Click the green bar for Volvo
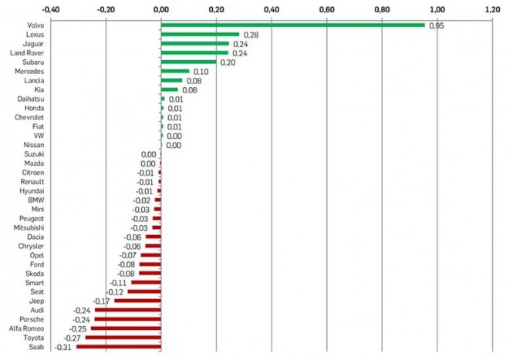pyautogui.click(x=293, y=25)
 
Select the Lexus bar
pyautogui.click(x=200, y=35)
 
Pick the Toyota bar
pyautogui.click(x=123, y=338)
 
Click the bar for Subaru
pyautogui.click(x=189, y=62)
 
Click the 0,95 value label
pyautogui.click(x=438, y=26)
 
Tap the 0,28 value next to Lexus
pyautogui.click(x=251, y=35)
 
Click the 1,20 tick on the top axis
pyautogui.click(x=492, y=9)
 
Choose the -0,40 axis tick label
pyautogui.click(x=51, y=9)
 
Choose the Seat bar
pyautogui.click(x=144, y=291)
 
